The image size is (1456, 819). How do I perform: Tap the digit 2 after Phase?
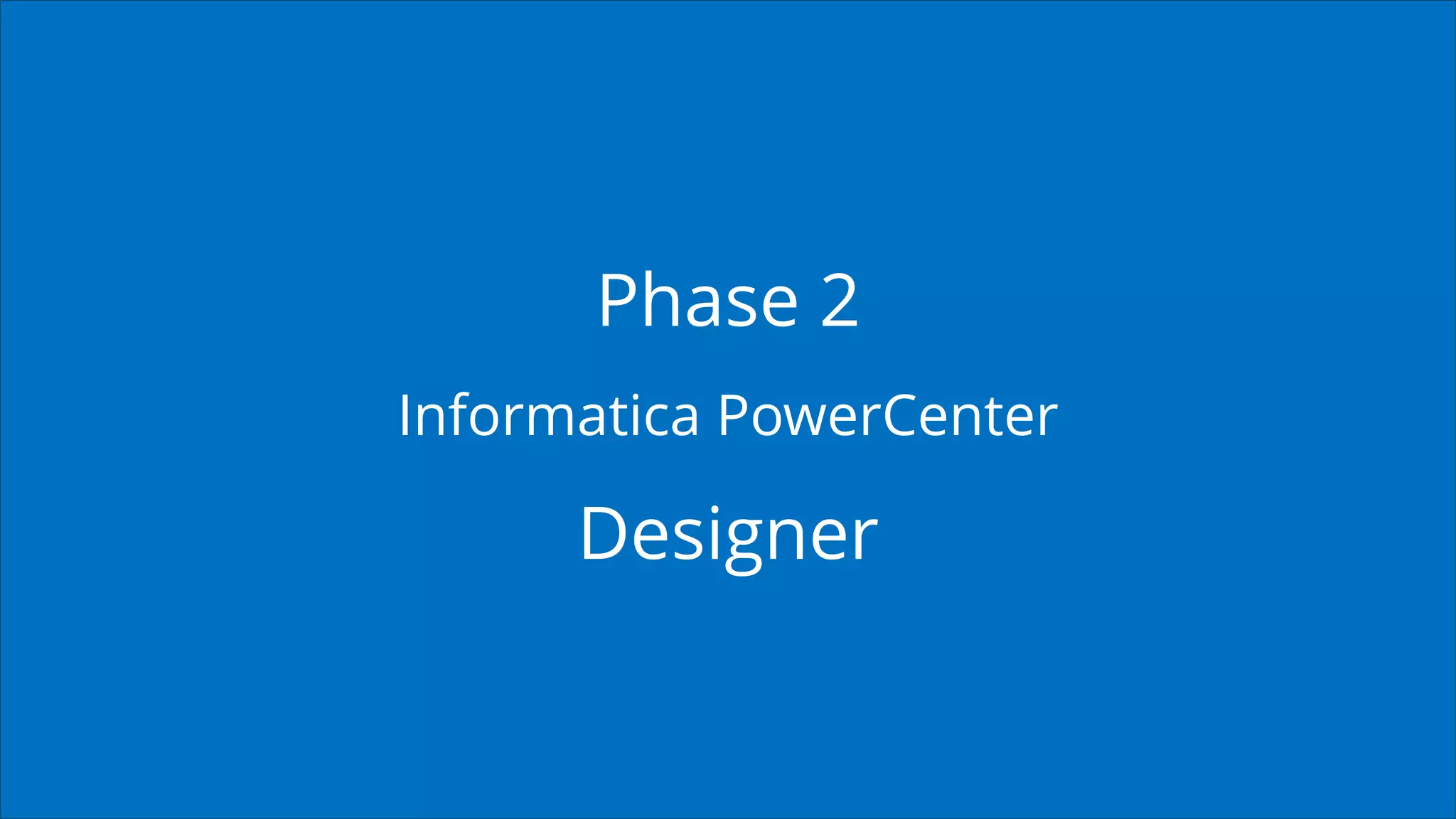[x=839, y=301]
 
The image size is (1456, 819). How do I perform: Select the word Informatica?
[x=548, y=415]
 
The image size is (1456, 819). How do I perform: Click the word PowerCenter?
[x=887, y=415]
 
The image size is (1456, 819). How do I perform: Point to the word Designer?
[x=729, y=535]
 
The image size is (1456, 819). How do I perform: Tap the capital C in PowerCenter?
[x=901, y=415]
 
